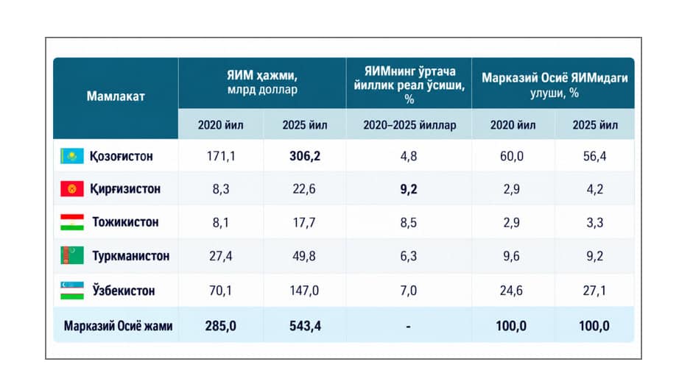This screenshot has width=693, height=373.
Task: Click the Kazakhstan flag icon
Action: pyautogui.click(x=72, y=156)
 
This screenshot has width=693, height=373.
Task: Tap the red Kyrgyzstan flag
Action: pyautogui.click(x=72, y=189)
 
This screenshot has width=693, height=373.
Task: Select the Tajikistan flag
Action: pyautogui.click(x=72, y=222)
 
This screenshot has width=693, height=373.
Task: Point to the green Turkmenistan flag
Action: pyautogui.click(x=72, y=256)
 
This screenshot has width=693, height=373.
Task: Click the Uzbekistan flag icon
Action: pyautogui.click(x=72, y=291)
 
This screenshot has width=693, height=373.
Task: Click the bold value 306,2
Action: pyautogui.click(x=305, y=156)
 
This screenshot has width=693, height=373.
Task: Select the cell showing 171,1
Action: pyautogui.click(x=221, y=156)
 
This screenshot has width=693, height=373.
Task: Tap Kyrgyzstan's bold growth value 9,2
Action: pyautogui.click(x=409, y=189)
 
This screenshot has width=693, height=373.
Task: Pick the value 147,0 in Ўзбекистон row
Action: pyautogui.click(x=304, y=291)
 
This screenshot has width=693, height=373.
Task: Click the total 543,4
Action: pyautogui.click(x=306, y=326)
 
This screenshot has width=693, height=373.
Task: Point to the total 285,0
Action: pyautogui.click(x=220, y=326)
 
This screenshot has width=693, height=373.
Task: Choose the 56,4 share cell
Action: pyautogui.click(x=595, y=156)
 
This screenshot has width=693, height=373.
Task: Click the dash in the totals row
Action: pyautogui.click(x=409, y=327)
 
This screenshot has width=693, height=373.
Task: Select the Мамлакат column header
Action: pyautogui.click(x=116, y=96)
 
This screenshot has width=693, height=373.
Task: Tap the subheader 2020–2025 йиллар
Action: pyautogui.click(x=409, y=125)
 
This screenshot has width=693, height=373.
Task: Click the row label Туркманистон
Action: pyautogui.click(x=131, y=256)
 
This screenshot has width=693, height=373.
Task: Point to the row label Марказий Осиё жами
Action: pyautogui.click(x=118, y=326)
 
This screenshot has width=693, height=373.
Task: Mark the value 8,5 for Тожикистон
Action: pyautogui.click(x=409, y=222)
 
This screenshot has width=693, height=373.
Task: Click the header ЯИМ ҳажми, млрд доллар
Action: pyautogui.click(x=262, y=82)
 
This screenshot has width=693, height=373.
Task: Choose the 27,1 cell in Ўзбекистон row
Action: pyautogui.click(x=594, y=291)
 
